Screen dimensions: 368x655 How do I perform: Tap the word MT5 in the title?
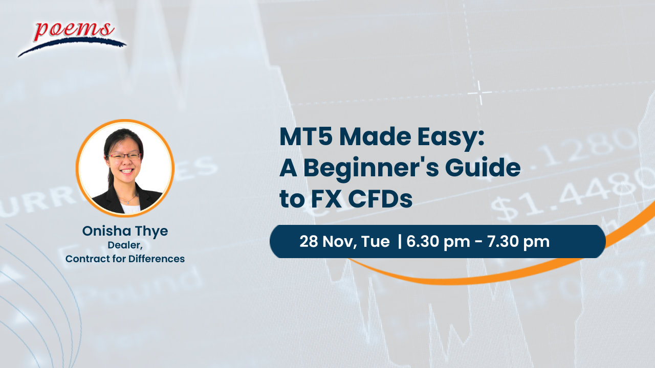pyautogui.click(x=305, y=139)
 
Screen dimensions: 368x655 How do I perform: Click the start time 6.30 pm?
pyautogui.click(x=438, y=241)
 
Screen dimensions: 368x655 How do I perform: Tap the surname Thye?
pyautogui.click(x=153, y=231)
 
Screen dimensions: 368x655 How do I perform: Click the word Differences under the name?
pyautogui.click(x=157, y=259)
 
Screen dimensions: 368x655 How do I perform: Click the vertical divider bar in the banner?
pyautogui.click(x=399, y=241)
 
